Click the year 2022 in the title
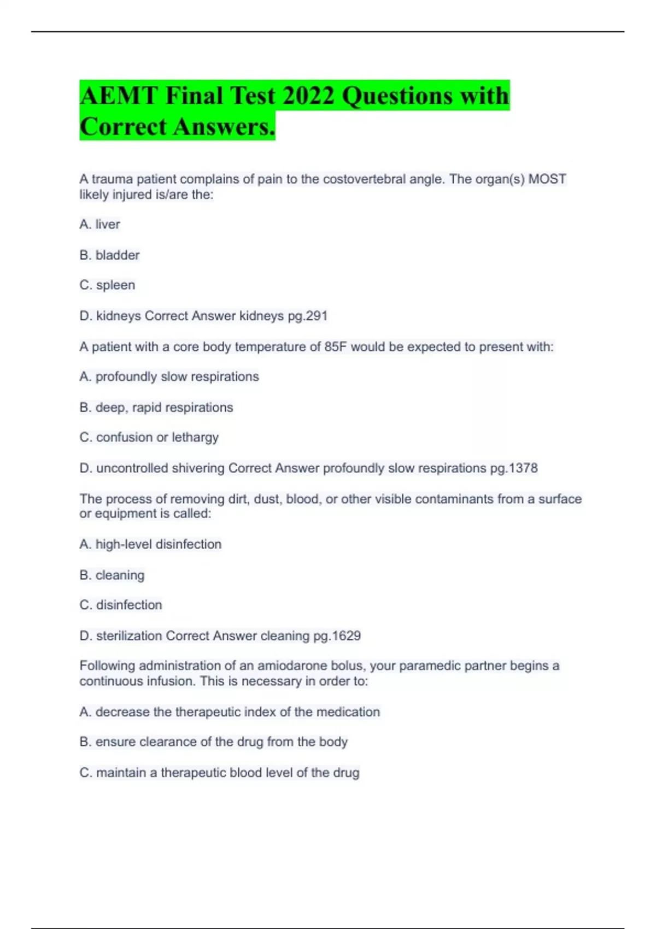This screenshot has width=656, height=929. pos(308,96)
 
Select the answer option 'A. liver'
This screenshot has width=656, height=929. pos(99,224)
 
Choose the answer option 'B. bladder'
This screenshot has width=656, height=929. pos(109,255)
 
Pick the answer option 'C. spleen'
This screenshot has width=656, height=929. pos(107,285)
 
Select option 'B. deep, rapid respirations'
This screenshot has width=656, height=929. pos(156,408)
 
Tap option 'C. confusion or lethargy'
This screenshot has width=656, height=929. pos(149,438)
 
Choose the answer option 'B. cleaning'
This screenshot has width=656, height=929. pos(112,575)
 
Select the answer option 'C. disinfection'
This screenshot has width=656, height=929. pos(121,605)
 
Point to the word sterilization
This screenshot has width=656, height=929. pos(129,636)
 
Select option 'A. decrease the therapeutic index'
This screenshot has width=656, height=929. pos(230,712)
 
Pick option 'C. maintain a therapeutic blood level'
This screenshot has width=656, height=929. pos(219,773)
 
